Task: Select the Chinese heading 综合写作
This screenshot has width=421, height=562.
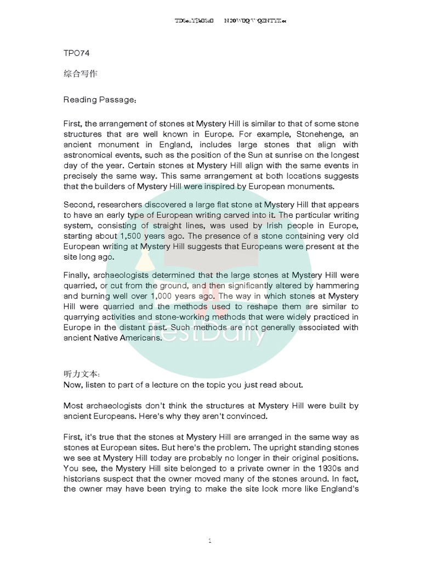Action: pos(80,73)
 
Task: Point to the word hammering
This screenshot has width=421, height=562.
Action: pos(338,285)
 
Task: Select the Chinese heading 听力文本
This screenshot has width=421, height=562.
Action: pos(79,374)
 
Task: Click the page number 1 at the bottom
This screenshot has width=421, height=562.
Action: pos(210,541)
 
